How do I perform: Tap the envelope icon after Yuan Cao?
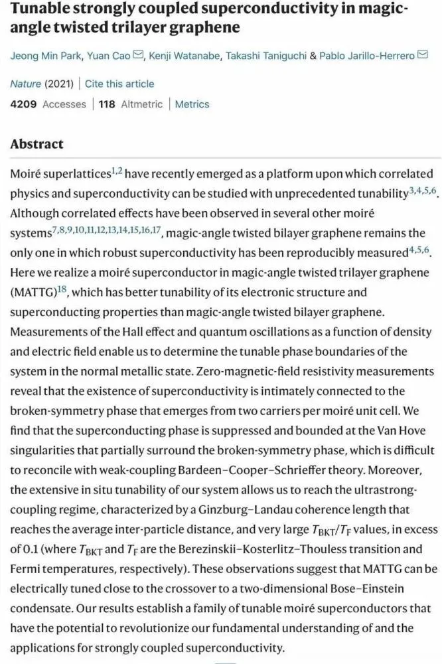click(x=138, y=56)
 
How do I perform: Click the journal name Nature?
click(x=25, y=84)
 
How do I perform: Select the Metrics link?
click(x=192, y=104)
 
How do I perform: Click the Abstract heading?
click(x=37, y=144)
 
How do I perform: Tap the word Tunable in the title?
click(x=41, y=10)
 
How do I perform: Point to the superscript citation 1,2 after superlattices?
click(x=116, y=171)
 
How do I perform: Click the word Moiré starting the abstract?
click(x=28, y=175)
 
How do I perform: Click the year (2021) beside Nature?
click(x=59, y=84)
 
